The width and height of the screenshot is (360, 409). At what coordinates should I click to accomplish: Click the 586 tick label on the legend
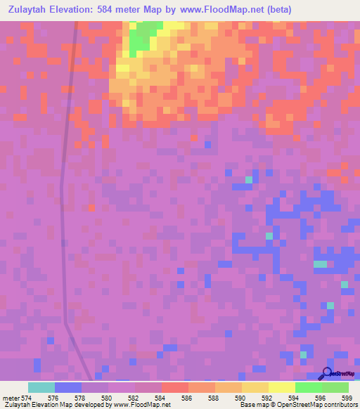pyautogui.click(x=186, y=398)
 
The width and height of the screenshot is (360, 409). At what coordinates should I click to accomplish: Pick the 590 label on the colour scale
pyautogui.click(x=239, y=398)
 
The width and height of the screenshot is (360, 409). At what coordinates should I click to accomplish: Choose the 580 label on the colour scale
pyautogui.click(x=106, y=398)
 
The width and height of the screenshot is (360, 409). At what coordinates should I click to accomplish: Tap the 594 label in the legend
pyautogui.click(x=292, y=398)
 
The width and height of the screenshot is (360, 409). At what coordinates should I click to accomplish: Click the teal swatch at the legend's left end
pyautogui.click(x=41, y=387)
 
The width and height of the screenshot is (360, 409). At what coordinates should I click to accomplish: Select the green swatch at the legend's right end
pyautogui.click(x=335, y=387)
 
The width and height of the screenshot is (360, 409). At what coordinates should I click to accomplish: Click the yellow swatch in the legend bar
pyautogui.click(x=282, y=387)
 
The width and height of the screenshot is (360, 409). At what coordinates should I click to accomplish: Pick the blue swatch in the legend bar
pyautogui.click(x=68, y=387)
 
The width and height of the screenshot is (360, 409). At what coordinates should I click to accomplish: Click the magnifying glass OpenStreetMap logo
pyautogui.click(x=326, y=373)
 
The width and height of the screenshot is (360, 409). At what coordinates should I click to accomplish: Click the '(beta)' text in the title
pyautogui.click(x=278, y=10)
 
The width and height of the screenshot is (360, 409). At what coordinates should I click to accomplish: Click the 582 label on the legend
pyautogui.click(x=133, y=398)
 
